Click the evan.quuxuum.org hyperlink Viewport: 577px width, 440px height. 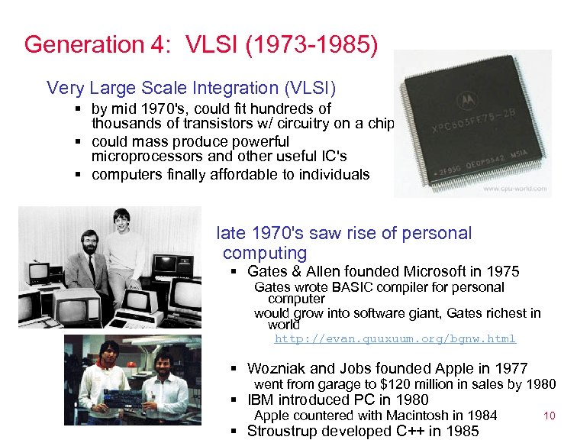click(x=395, y=338)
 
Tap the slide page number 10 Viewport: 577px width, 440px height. click(x=549, y=416)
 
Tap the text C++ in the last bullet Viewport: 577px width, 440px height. click(x=416, y=431)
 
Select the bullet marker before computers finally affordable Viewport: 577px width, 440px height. click(x=79, y=175)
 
